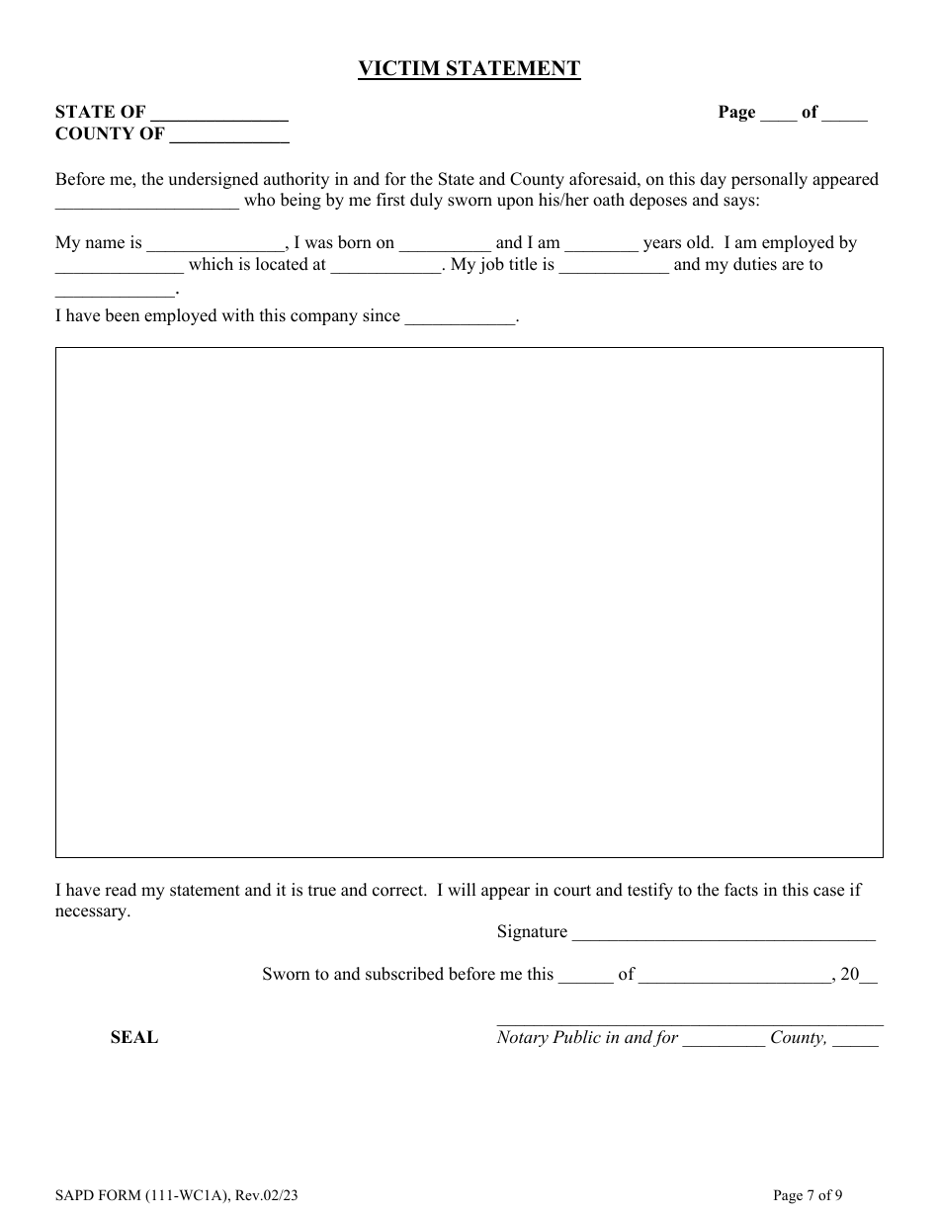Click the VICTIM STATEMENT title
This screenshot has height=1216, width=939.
(x=469, y=68)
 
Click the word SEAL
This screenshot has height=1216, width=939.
(x=134, y=1037)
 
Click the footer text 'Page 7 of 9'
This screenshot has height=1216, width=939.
(x=808, y=1195)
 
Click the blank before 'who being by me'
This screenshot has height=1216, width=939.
(x=146, y=203)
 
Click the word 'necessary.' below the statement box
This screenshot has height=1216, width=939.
(x=93, y=912)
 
